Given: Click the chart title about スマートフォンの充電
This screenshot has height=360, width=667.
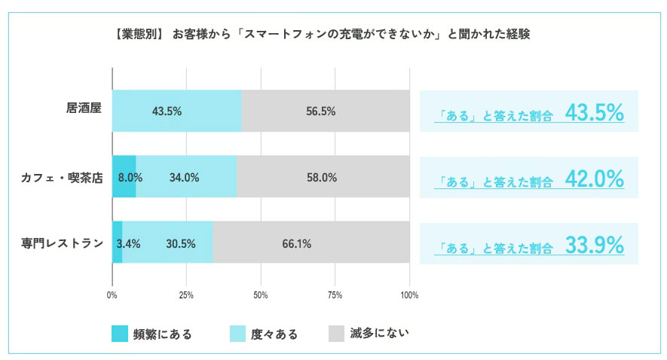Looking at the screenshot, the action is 322,34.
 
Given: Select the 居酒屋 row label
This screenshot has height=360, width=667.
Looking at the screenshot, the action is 84,108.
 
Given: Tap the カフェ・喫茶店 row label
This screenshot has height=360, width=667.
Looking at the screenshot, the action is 62,178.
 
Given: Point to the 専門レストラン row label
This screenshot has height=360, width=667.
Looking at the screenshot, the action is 62,243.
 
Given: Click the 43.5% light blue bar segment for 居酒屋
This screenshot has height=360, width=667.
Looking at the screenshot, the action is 177,111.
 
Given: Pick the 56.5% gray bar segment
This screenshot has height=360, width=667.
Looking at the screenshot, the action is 326,111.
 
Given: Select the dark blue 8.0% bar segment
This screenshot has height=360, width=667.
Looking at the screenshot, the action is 124,176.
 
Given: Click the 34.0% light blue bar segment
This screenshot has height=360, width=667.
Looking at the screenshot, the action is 186,176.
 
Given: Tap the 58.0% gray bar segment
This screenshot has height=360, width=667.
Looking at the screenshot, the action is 323,176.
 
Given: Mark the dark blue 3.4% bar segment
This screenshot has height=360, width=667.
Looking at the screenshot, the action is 118,243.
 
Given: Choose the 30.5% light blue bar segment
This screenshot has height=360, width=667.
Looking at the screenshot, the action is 167,243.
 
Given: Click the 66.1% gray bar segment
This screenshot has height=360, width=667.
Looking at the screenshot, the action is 311,243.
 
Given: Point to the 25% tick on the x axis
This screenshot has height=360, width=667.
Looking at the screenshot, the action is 186,295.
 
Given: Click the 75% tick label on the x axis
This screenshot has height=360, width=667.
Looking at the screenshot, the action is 335,295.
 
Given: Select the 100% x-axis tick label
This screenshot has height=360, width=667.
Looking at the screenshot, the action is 409,295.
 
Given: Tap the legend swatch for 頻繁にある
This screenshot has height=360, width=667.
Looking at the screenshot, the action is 120,334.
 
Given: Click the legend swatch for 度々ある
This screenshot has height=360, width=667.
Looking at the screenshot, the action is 238,334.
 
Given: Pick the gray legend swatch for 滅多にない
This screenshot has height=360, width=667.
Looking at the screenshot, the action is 336,334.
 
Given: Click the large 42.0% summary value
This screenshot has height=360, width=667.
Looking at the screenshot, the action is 594,179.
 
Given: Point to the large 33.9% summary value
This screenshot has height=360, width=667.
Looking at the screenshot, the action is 594,246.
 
